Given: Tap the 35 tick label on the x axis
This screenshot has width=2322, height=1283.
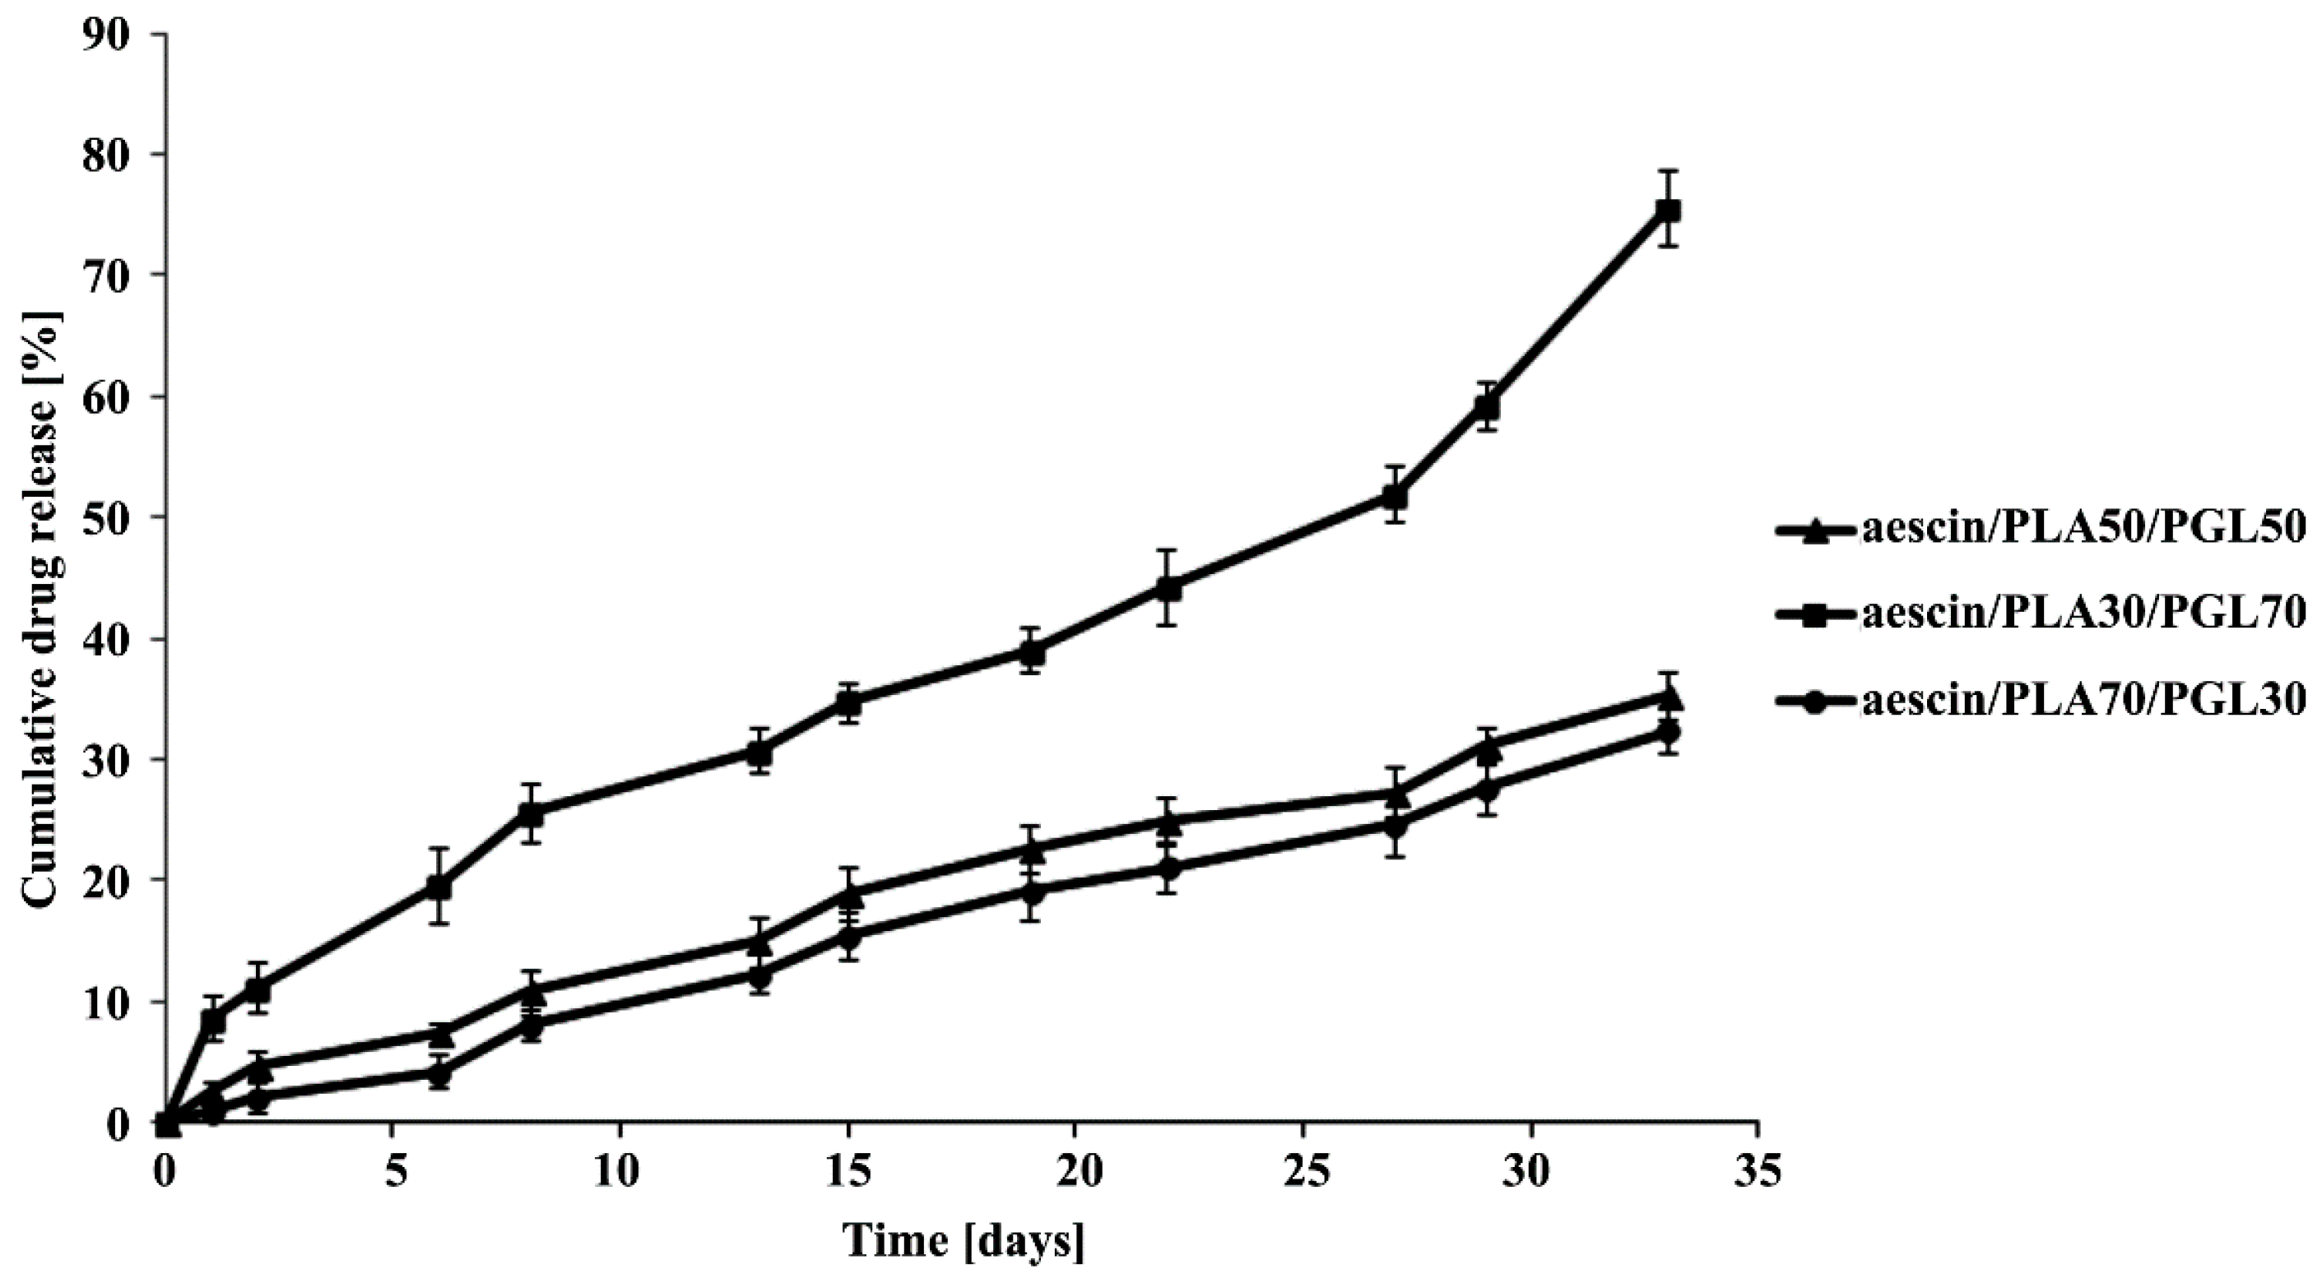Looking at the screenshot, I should point(1758,1174).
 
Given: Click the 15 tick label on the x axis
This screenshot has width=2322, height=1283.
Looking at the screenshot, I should point(848,1174).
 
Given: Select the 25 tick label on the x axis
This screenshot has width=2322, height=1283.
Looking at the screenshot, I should point(1303,1174).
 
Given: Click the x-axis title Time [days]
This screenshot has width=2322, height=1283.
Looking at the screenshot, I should point(964,1241).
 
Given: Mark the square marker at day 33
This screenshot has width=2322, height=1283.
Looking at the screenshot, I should point(1669,211).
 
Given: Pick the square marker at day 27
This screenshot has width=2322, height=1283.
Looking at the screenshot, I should point(1396,496).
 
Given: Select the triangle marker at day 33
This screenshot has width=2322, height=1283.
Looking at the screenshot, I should point(1669,697).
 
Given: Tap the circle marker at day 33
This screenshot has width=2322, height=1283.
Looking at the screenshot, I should point(1669,733).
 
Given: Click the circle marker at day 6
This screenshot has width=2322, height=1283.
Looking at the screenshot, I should point(438,1073).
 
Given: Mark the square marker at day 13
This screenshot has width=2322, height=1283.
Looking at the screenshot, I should point(758,752).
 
